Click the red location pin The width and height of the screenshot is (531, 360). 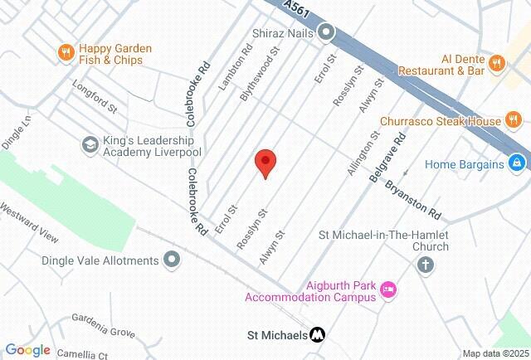(265, 162)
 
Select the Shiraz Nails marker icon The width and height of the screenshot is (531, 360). (327, 33)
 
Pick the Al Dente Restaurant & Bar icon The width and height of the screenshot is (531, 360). (497, 61)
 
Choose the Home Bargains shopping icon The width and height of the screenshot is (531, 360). (517, 163)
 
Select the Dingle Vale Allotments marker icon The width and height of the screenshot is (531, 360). (172, 260)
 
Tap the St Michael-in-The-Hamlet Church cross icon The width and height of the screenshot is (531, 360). (425, 265)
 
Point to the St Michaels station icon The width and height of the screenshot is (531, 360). (317, 335)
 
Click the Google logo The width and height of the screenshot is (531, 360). (28, 350)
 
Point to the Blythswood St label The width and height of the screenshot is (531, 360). (269, 68)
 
